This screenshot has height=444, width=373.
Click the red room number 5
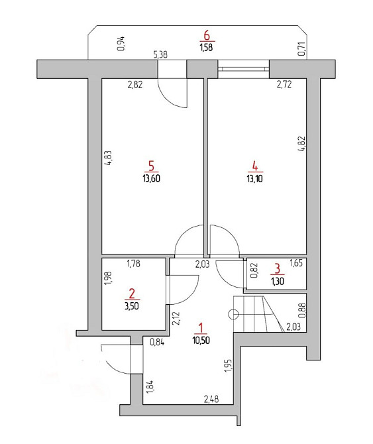152,166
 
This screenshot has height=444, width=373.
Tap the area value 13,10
254,179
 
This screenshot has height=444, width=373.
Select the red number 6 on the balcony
207,36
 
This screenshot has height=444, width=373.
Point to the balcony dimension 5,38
160,54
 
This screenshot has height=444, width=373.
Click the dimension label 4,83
109,158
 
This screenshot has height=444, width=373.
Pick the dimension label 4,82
302,144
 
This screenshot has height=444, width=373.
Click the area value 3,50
132,306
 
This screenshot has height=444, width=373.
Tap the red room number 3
278,268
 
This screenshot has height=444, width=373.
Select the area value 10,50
201,340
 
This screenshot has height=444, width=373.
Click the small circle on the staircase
233,313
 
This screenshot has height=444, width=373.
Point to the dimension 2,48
211,399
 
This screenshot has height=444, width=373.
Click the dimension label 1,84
150,387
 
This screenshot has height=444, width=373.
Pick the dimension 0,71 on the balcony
302,48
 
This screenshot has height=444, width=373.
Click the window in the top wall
243,69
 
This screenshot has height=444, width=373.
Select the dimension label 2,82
135,85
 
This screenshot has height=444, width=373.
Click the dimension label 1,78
133,264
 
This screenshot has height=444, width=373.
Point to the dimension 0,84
157,343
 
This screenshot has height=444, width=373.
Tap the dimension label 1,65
296,263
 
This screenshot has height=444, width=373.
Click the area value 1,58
206,47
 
